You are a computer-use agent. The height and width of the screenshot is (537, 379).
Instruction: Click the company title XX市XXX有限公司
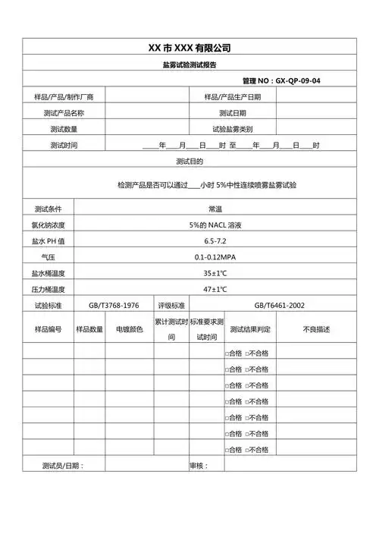(189, 48)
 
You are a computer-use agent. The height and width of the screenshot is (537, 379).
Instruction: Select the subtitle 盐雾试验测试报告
(189, 65)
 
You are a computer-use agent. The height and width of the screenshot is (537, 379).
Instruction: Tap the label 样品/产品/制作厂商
(64, 97)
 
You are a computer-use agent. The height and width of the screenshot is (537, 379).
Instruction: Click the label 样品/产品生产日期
(233, 97)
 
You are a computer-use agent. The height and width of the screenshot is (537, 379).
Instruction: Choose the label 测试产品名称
(64, 113)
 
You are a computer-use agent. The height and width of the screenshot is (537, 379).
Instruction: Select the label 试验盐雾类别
(233, 129)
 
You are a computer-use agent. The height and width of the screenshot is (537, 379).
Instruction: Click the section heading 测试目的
(189, 162)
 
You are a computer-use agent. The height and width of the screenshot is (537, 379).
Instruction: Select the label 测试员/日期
(64, 465)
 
